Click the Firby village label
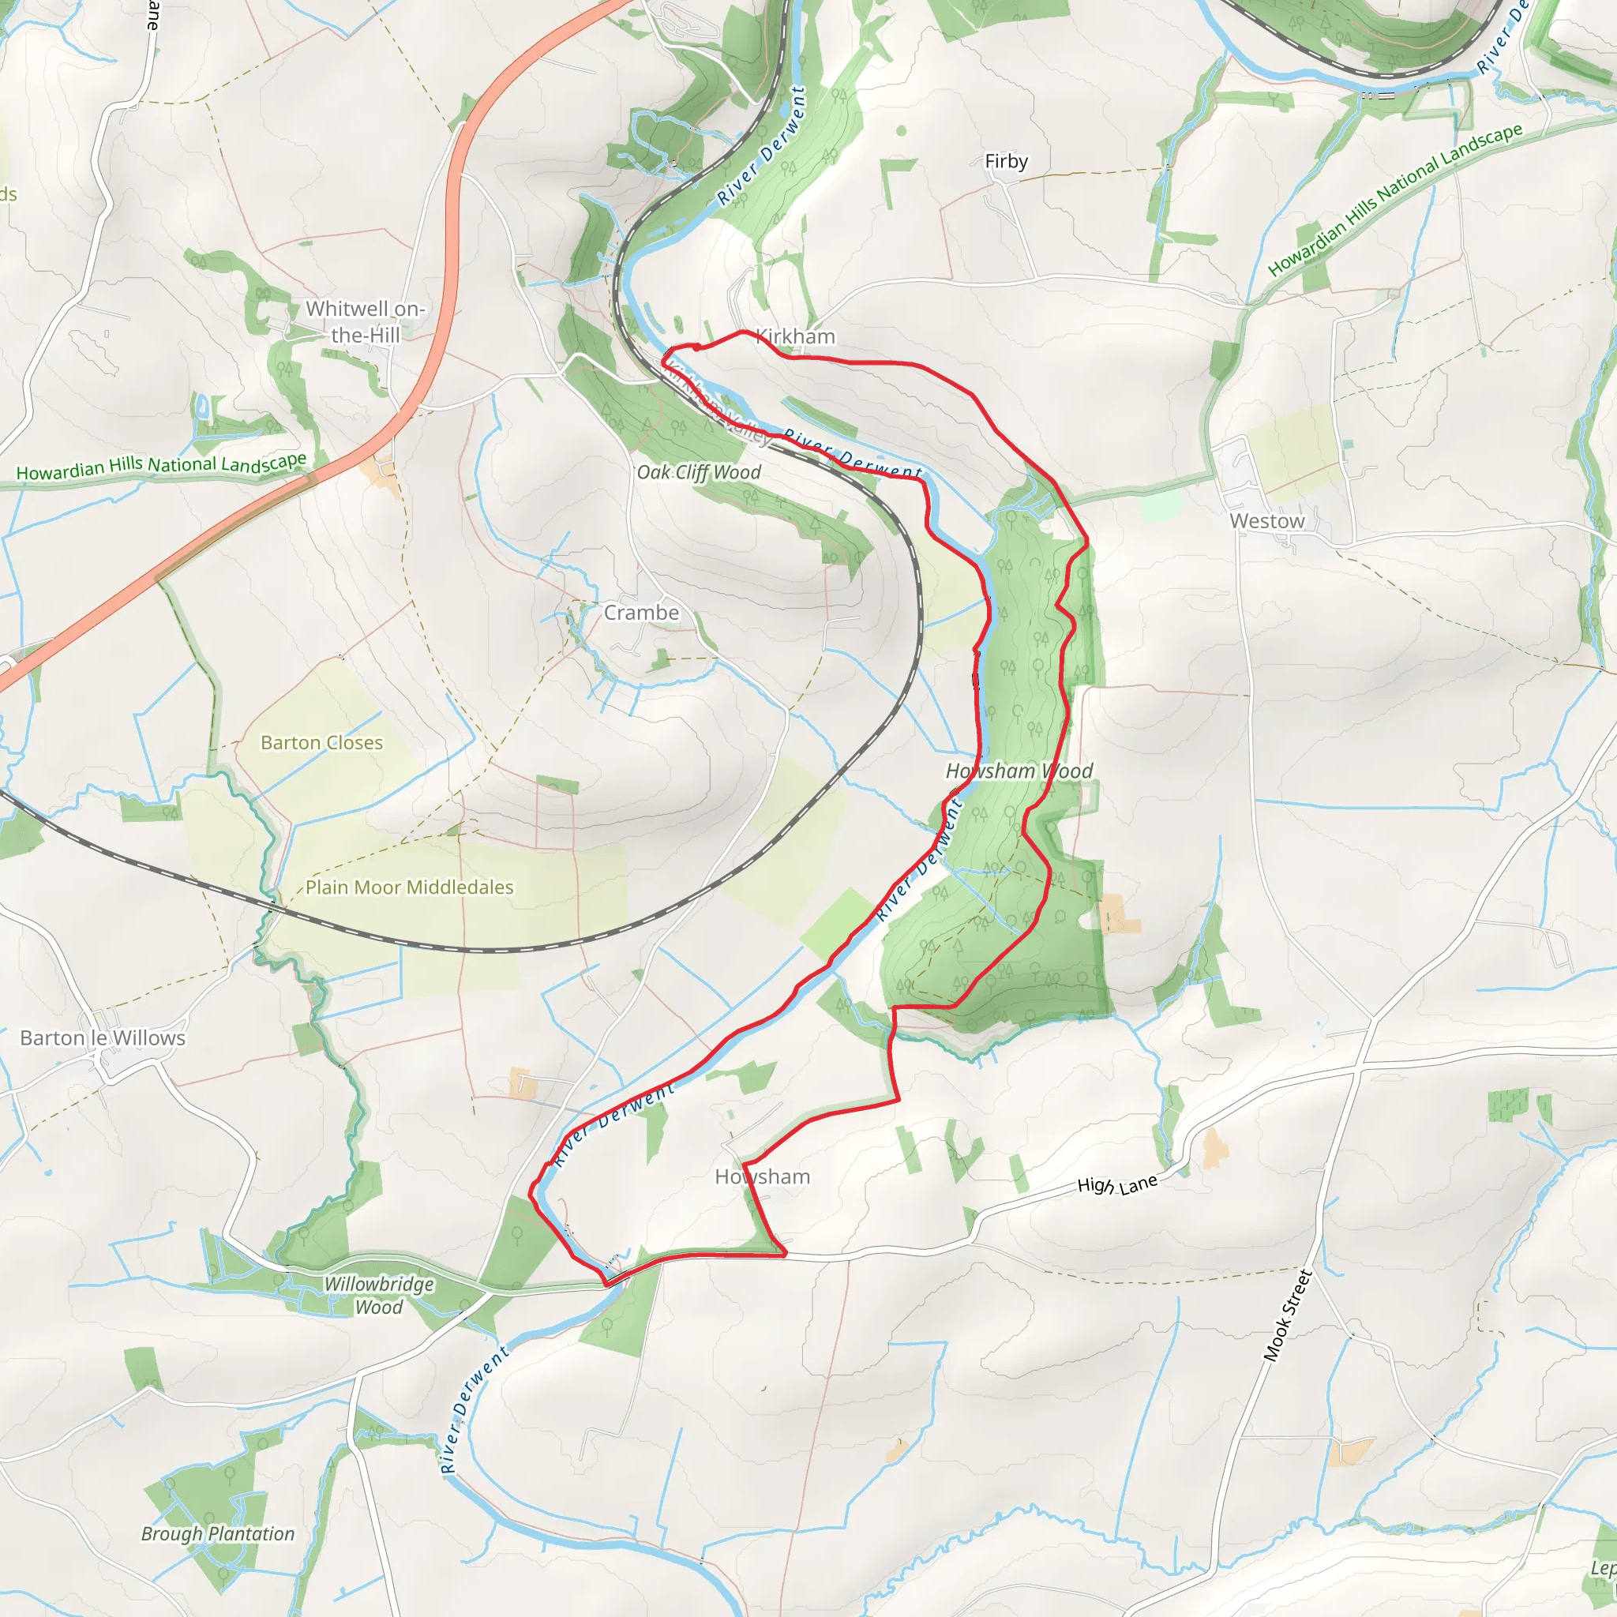pos(1005,161)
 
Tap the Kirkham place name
pos(795,336)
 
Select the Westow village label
pos(1266,520)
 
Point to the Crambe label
pos(641,613)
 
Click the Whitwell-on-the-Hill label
pos(365,321)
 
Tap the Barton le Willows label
pos(102,1037)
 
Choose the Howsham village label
pos(762,1176)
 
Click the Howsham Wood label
pos(1019,771)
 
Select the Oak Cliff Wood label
pos(699,472)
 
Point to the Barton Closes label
pos(321,742)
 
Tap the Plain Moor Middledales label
pos(409,887)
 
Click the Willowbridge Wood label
pos(379,1296)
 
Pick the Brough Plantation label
pos(218,1534)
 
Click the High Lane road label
pos(1116,1185)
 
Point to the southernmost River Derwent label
pos(473,1409)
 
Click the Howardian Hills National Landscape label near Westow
pos(1394,200)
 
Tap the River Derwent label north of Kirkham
pos(762,147)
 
